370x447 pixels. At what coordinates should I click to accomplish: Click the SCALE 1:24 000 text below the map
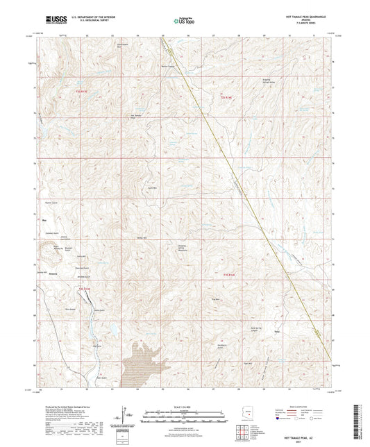pos(185,407)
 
